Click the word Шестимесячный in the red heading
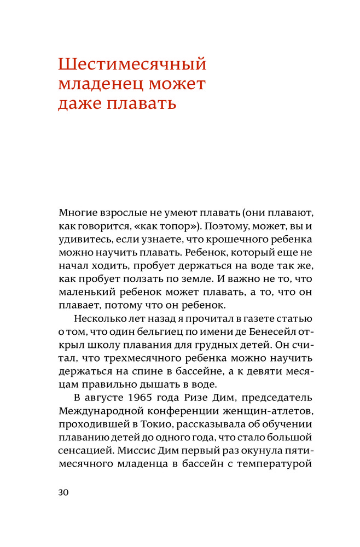pos(132,64)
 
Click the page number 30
pos(63,492)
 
